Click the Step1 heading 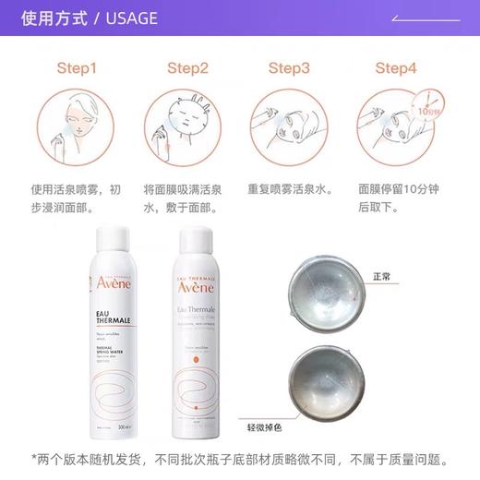pos(76,68)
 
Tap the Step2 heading pos(187,68)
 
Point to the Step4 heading pos(397,68)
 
